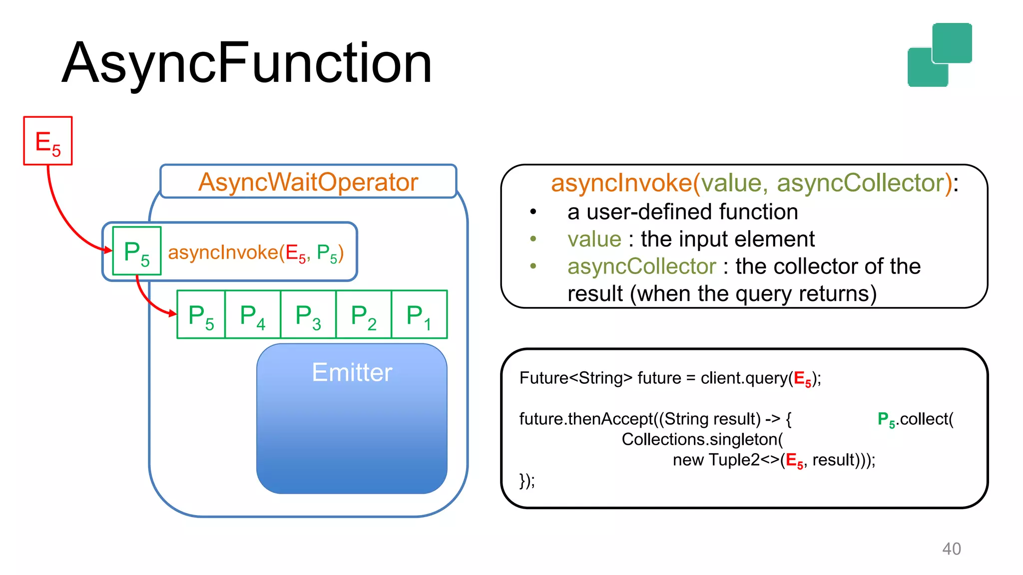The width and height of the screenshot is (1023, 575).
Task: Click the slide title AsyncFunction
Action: (x=247, y=63)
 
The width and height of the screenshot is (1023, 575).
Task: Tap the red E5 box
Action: (x=48, y=141)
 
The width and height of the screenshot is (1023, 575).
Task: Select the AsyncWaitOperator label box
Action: (x=308, y=182)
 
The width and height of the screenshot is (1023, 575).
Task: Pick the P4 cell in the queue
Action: (x=253, y=315)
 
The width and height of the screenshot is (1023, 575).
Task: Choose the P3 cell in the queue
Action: (x=308, y=315)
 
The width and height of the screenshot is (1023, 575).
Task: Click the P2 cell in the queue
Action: (x=364, y=315)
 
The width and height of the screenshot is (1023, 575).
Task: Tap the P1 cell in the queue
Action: (x=419, y=315)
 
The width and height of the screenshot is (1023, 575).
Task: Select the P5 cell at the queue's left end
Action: (x=201, y=315)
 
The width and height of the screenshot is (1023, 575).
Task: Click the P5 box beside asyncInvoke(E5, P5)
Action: (x=137, y=251)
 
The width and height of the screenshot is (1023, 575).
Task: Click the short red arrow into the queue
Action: (x=150, y=302)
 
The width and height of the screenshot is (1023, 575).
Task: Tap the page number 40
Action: (x=951, y=549)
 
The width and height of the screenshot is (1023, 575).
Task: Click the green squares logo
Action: (x=940, y=55)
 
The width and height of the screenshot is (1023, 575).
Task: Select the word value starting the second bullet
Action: (x=594, y=239)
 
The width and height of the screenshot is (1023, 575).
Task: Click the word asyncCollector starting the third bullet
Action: (x=641, y=267)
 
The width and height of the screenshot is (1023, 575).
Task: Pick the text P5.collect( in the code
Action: (x=915, y=419)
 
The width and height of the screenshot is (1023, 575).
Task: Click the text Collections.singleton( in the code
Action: (x=702, y=439)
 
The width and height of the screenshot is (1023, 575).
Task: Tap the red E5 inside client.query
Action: (x=802, y=379)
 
